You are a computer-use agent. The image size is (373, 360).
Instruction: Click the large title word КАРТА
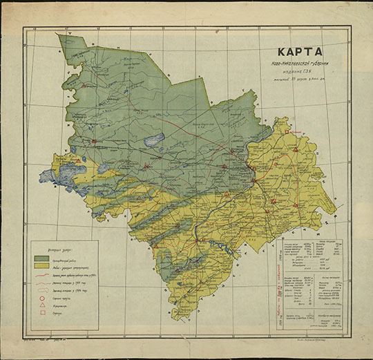(x=301, y=52)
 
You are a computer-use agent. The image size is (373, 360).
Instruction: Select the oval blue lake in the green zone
(x=153, y=138)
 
